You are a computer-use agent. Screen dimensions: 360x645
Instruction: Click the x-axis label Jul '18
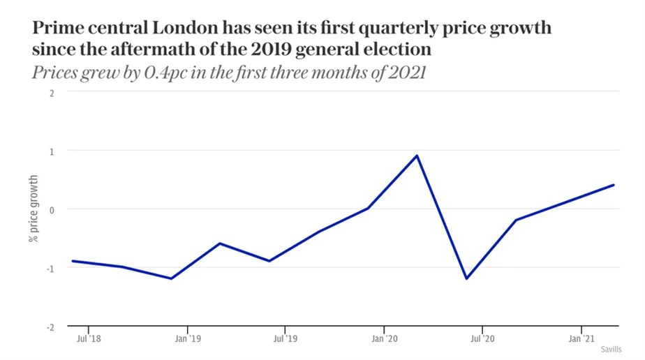[x=88, y=338]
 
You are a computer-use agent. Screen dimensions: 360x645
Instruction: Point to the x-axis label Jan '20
[x=383, y=338]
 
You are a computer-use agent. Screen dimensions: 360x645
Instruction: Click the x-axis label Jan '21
[x=581, y=338]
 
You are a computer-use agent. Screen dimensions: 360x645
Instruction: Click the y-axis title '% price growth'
[x=33, y=209]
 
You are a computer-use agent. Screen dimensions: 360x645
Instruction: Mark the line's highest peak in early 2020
[x=417, y=156]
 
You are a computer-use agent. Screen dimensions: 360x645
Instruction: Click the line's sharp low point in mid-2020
[x=466, y=278]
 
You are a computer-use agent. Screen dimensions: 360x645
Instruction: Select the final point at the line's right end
[x=614, y=185]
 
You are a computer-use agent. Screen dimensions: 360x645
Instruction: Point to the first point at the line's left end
[x=73, y=261]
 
